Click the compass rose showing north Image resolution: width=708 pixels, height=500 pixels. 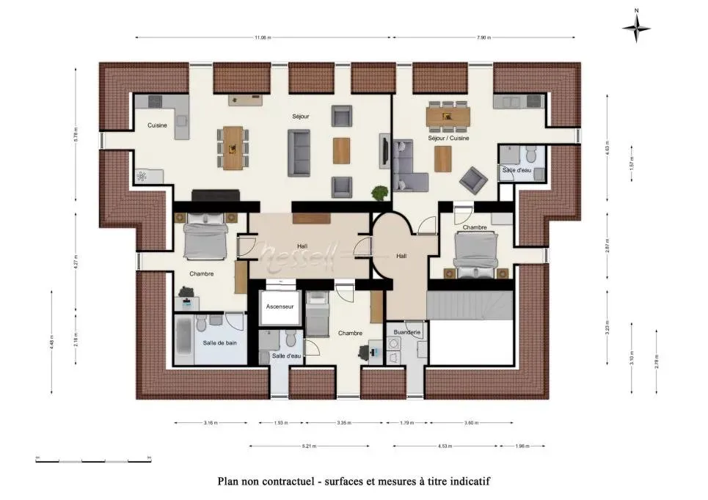tap(636, 28)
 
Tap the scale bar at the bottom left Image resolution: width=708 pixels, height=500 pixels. tap(93, 460)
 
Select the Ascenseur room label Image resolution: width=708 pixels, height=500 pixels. tap(280, 306)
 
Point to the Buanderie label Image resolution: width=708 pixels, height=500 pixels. tap(406, 332)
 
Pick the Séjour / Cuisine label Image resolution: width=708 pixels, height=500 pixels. tap(448, 138)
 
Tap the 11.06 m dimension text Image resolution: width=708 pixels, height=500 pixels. tap(263, 37)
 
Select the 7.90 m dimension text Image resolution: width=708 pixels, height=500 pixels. tap(484, 37)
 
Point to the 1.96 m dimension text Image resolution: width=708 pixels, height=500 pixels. tap(522, 445)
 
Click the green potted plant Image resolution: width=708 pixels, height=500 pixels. tap(379, 194)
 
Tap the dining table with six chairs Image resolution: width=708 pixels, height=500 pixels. tap(447, 114)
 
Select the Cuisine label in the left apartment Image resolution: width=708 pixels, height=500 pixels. tap(157, 125)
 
